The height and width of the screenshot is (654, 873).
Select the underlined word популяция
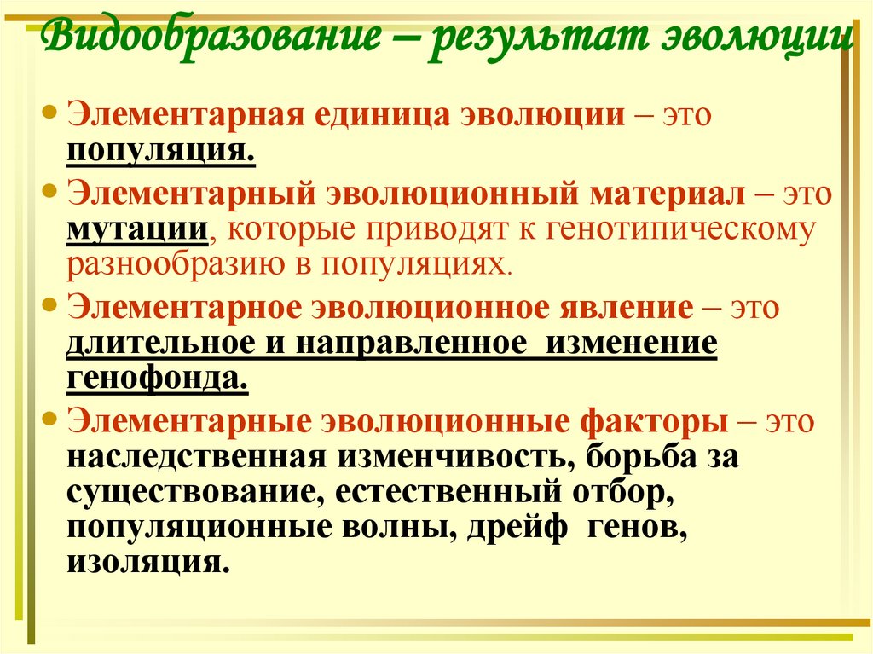(x=161, y=151)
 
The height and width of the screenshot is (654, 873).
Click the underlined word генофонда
(x=158, y=377)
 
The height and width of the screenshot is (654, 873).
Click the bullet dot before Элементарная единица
(x=50, y=111)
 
